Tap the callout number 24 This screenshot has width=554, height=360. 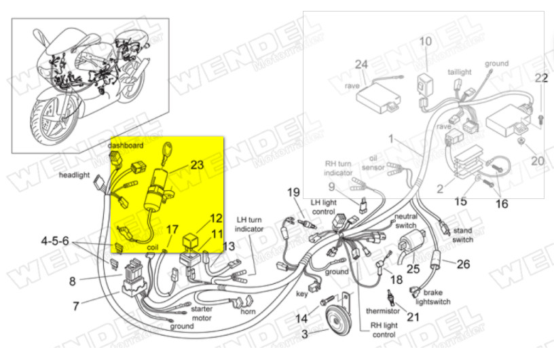[361, 65]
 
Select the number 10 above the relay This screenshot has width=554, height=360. [425, 41]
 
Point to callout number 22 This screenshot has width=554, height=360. [540, 78]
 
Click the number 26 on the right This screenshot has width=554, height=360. [463, 264]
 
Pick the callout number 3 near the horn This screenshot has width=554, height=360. [305, 334]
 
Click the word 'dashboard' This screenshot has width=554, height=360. [126, 145]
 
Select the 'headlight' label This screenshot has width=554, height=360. [74, 175]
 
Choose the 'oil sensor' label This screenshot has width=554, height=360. [377, 161]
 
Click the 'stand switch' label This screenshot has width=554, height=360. [462, 235]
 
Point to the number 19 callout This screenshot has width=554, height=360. [293, 192]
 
